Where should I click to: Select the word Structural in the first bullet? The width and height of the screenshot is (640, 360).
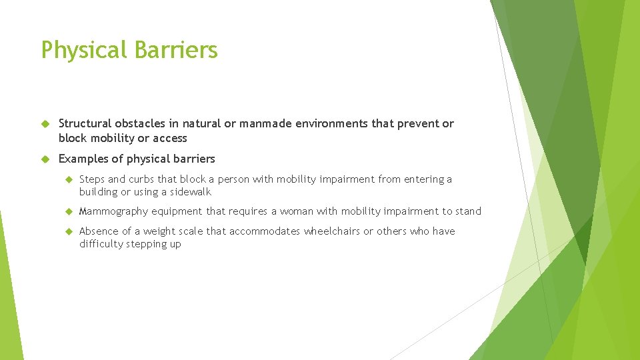(85, 123)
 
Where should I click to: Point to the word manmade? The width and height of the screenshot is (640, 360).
(264, 123)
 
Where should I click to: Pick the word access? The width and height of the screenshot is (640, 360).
(171, 138)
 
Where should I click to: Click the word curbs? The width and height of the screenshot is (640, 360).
(141, 179)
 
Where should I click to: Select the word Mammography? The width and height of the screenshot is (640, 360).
(113, 211)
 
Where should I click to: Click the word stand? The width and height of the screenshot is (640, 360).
(468, 211)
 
